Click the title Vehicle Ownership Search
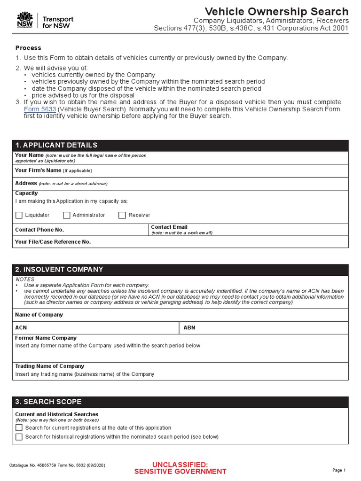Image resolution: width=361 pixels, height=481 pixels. click(277, 11)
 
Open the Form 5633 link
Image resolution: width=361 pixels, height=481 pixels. click(39, 109)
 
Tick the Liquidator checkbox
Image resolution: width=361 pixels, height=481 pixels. click(19, 215)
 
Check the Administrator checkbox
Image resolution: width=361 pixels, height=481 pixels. click(66, 215)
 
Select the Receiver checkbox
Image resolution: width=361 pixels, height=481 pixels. click(122, 215)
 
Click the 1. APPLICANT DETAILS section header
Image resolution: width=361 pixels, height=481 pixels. click(56, 145)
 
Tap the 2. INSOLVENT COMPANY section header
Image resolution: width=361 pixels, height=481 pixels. click(59, 270)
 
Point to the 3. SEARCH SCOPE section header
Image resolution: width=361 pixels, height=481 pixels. click(48, 402)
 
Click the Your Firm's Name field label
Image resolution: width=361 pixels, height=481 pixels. click(38, 171)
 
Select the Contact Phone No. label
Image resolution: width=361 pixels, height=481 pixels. click(39, 230)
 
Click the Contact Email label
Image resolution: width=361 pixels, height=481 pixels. click(169, 227)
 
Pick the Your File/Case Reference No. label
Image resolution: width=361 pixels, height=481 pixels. click(53, 242)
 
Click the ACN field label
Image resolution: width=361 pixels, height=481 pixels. click(21, 327)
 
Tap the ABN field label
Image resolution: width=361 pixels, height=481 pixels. click(189, 327)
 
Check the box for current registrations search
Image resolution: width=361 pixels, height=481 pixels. click(19, 428)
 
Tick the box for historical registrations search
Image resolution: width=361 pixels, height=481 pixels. click(19, 437)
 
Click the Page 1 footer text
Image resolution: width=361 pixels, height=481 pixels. click(339, 470)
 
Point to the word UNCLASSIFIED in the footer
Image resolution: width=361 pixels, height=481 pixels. click(180, 465)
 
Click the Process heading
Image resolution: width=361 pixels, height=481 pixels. click(28, 48)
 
